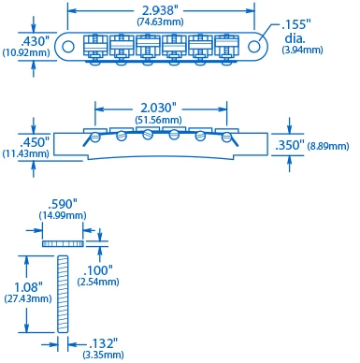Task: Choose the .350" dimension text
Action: click(x=290, y=145)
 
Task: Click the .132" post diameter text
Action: click(x=103, y=342)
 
